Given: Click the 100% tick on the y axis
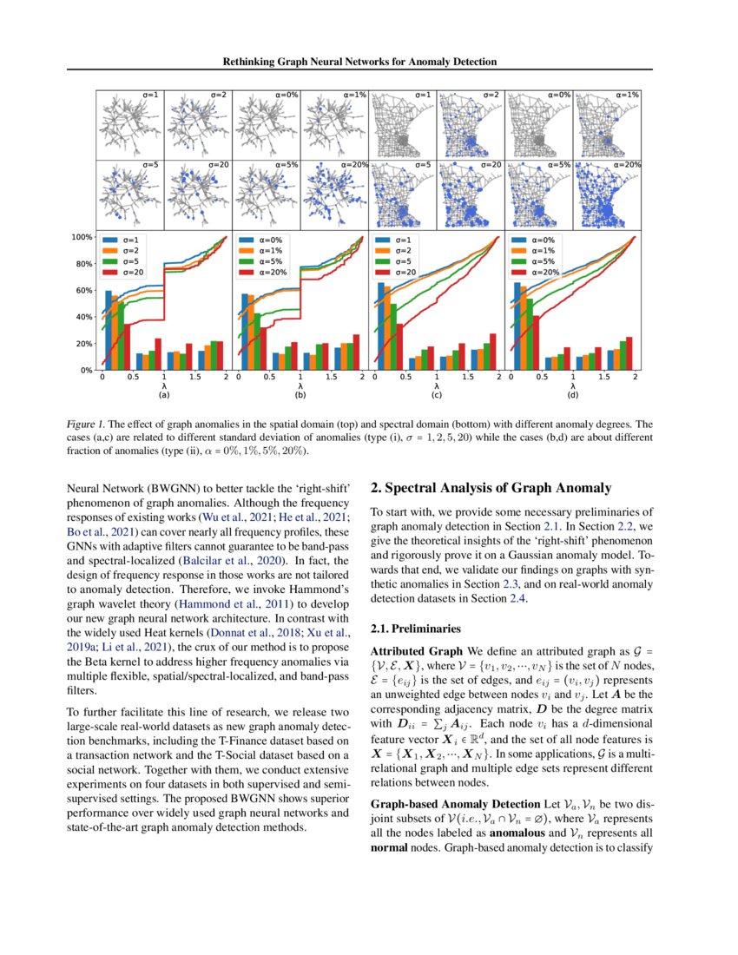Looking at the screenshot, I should coord(82,237).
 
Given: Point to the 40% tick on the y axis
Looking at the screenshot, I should coord(84,317).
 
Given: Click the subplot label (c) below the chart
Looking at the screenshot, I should coord(437,395).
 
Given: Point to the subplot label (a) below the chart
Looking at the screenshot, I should coord(163,395).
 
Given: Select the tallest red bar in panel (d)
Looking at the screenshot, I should coord(536,342).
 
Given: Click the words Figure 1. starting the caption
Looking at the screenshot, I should coord(89,425).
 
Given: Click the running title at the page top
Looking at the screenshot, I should coord(368,63).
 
